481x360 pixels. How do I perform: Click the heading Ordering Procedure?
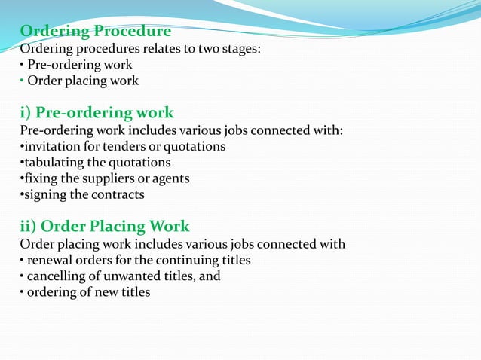point(95,32)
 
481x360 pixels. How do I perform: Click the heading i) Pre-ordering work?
point(97,113)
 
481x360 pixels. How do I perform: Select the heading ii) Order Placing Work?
point(104,226)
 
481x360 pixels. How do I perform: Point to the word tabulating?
point(56,162)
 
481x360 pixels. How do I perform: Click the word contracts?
point(118,194)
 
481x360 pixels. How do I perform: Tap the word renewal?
point(51,260)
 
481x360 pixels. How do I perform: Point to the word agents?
point(171,178)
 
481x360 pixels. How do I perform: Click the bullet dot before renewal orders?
point(22,260)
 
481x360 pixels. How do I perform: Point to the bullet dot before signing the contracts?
point(22,194)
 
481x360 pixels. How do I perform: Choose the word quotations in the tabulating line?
point(141,162)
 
